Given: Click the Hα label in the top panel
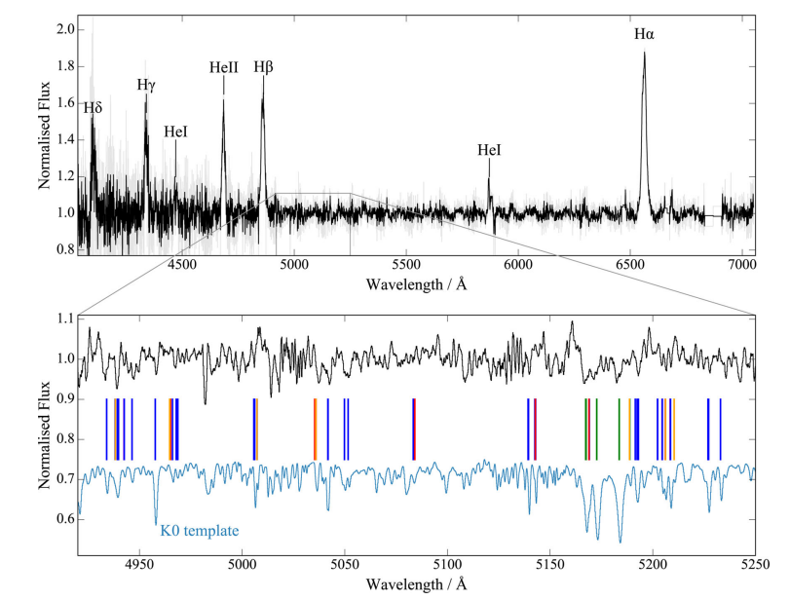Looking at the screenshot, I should [x=644, y=34].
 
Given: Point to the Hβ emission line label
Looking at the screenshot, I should [x=263, y=67].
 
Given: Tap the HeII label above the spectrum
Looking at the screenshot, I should [x=223, y=67].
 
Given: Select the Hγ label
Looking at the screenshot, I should [x=146, y=85].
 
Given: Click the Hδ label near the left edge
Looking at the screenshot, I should [x=93, y=108].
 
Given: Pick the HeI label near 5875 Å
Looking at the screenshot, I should [x=489, y=150].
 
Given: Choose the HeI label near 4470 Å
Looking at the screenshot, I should [x=176, y=131].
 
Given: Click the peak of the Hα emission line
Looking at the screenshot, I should [x=644, y=54].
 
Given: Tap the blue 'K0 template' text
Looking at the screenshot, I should [x=199, y=531].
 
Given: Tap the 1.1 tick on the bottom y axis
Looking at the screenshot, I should [x=63, y=319].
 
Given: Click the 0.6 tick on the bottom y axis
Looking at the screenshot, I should [x=63, y=519].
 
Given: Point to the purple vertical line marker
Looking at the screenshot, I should [x=535, y=429].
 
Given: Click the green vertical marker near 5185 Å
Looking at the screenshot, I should [x=620, y=429].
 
